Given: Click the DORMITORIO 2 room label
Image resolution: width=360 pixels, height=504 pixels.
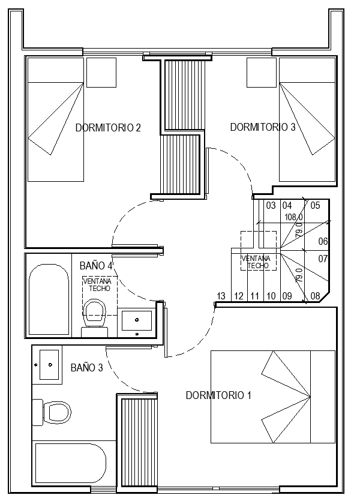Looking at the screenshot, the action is pos(108,128).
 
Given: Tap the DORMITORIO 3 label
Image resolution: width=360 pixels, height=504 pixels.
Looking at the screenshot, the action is pos(263,127).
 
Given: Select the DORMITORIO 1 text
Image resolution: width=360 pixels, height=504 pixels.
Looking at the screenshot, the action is pos(218,395).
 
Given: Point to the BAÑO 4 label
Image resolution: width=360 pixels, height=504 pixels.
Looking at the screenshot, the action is pos(96,265).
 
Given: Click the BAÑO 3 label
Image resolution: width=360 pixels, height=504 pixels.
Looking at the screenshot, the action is pos(87,367).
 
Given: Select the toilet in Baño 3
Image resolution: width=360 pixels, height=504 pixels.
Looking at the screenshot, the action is pos(52,412).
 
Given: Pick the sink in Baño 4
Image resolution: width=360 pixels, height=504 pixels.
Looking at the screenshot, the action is pos(137,322).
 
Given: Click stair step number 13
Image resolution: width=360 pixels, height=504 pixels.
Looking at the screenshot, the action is pos(221,296).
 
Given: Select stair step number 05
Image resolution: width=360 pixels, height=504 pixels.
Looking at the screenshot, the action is pos(316,205).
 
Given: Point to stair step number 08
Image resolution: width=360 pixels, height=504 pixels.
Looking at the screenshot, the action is pos(316,296).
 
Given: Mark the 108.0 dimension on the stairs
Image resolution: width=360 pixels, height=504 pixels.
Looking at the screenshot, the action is pos(294,217).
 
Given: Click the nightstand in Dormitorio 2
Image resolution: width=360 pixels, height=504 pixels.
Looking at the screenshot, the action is pos(101,73).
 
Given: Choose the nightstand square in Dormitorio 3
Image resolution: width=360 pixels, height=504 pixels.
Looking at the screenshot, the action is pos(262,73).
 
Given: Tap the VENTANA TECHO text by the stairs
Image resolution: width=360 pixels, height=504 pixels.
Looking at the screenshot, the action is pos(256,262).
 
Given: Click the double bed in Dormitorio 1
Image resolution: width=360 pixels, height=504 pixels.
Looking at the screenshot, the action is pos(273,397).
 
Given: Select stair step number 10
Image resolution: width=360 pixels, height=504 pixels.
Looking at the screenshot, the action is pos(271,296).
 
